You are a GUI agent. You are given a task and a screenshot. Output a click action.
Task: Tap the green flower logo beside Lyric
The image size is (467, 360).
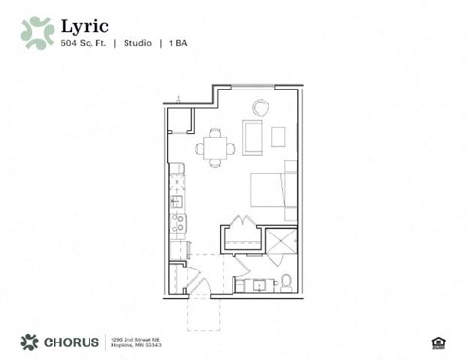pos(38,31)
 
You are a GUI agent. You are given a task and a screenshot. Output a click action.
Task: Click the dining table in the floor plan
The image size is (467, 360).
pos(215,149)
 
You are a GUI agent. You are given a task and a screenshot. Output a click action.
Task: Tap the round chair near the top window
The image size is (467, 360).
pos(262,107)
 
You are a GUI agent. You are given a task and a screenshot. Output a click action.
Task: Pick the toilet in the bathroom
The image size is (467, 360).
pos(286,283)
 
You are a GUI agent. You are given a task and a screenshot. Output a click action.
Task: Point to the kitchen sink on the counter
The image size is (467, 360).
pos(177,201)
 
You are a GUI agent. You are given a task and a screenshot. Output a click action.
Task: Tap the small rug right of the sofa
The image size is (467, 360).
pos(278,136)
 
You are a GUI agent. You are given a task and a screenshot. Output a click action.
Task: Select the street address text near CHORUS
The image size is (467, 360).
pos(135,342)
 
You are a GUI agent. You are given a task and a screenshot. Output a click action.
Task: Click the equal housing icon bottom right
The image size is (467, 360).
pos(437,342)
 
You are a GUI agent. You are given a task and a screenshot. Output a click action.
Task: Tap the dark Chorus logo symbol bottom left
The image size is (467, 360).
pos(29,342)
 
